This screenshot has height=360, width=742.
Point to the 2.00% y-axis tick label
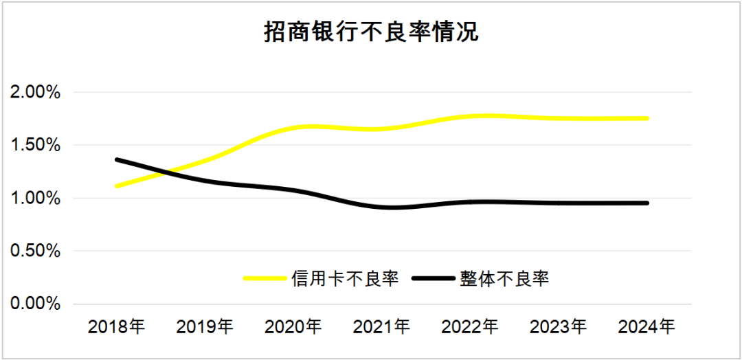[36, 92]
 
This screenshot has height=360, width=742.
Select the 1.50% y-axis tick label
[36, 145]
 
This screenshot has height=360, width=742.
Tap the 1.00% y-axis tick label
[36, 198]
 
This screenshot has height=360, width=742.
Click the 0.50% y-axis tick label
[36, 251]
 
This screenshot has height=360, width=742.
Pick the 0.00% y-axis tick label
[36, 304]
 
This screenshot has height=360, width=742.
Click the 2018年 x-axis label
[117, 326]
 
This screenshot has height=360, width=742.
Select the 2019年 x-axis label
[205, 326]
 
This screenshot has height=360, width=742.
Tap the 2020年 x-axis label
[294, 326]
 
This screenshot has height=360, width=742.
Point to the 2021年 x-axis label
[382, 326]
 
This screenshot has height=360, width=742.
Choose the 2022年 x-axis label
[471, 326]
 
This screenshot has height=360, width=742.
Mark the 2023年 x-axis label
[559, 326]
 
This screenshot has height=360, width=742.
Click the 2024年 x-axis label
[647, 326]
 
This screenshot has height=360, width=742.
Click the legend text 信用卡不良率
[345, 278]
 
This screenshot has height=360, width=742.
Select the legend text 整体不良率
[505, 278]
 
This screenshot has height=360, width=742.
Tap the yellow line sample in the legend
[265, 278]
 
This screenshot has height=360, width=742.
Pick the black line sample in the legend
[434, 278]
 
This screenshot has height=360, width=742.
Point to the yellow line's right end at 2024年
[647, 119]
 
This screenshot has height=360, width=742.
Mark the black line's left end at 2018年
[117, 159]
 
